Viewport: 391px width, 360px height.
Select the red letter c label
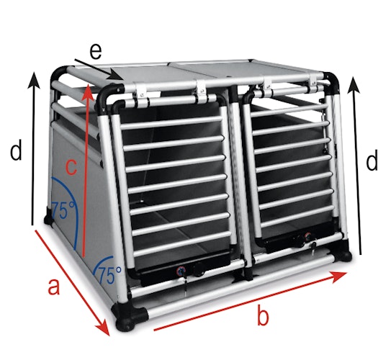pyautogui.click(x=70, y=167)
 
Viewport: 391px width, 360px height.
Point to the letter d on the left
pyautogui.click(x=16, y=153)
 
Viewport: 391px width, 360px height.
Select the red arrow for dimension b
pyautogui.click(x=248, y=302)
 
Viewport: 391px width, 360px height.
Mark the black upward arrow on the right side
pyautogui.click(x=354, y=165)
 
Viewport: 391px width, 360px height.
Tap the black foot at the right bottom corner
pyautogui.click(x=347, y=255)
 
